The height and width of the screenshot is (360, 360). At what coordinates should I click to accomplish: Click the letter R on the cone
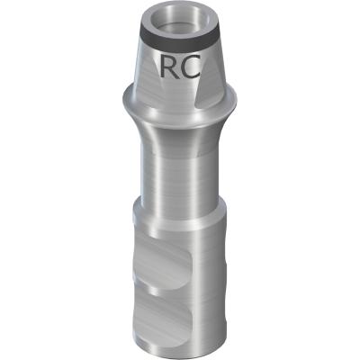click(x=169, y=66)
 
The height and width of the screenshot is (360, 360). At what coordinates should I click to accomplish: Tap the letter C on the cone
click(x=191, y=67)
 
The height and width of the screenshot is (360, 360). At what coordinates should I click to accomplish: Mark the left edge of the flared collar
click(x=123, y=99)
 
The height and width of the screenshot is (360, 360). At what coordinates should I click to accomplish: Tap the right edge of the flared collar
click(x=237, y=99)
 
